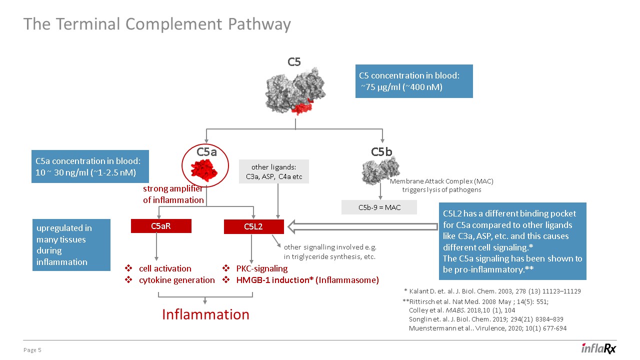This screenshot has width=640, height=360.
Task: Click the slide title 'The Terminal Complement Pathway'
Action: [157, 24]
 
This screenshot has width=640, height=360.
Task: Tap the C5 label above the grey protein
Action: [294, 62]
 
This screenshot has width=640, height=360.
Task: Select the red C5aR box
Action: [161, 226]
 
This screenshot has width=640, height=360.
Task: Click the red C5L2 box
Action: [253, 227]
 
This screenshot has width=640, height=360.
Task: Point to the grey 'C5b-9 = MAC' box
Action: [379, 207]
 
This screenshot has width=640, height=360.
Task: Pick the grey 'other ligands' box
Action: [274, 171]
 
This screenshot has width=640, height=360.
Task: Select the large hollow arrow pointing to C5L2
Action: [364, 227]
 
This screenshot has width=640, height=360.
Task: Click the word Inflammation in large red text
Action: [205, 314]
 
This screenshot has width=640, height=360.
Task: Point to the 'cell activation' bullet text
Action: [165, 268]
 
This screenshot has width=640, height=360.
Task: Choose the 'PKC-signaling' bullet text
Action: [262, 268]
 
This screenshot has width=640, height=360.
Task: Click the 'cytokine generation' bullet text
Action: [176, 280]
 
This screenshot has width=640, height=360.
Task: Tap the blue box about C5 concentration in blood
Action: [414, 81]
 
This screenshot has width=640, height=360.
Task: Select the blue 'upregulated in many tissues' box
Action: [71, 245]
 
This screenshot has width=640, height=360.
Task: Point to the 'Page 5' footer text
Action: [32, 350]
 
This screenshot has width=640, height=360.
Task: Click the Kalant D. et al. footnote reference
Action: [492, 291]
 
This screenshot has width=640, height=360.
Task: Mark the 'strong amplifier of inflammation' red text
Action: [173, 194]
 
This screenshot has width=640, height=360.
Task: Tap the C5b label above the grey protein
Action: [381, 151]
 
